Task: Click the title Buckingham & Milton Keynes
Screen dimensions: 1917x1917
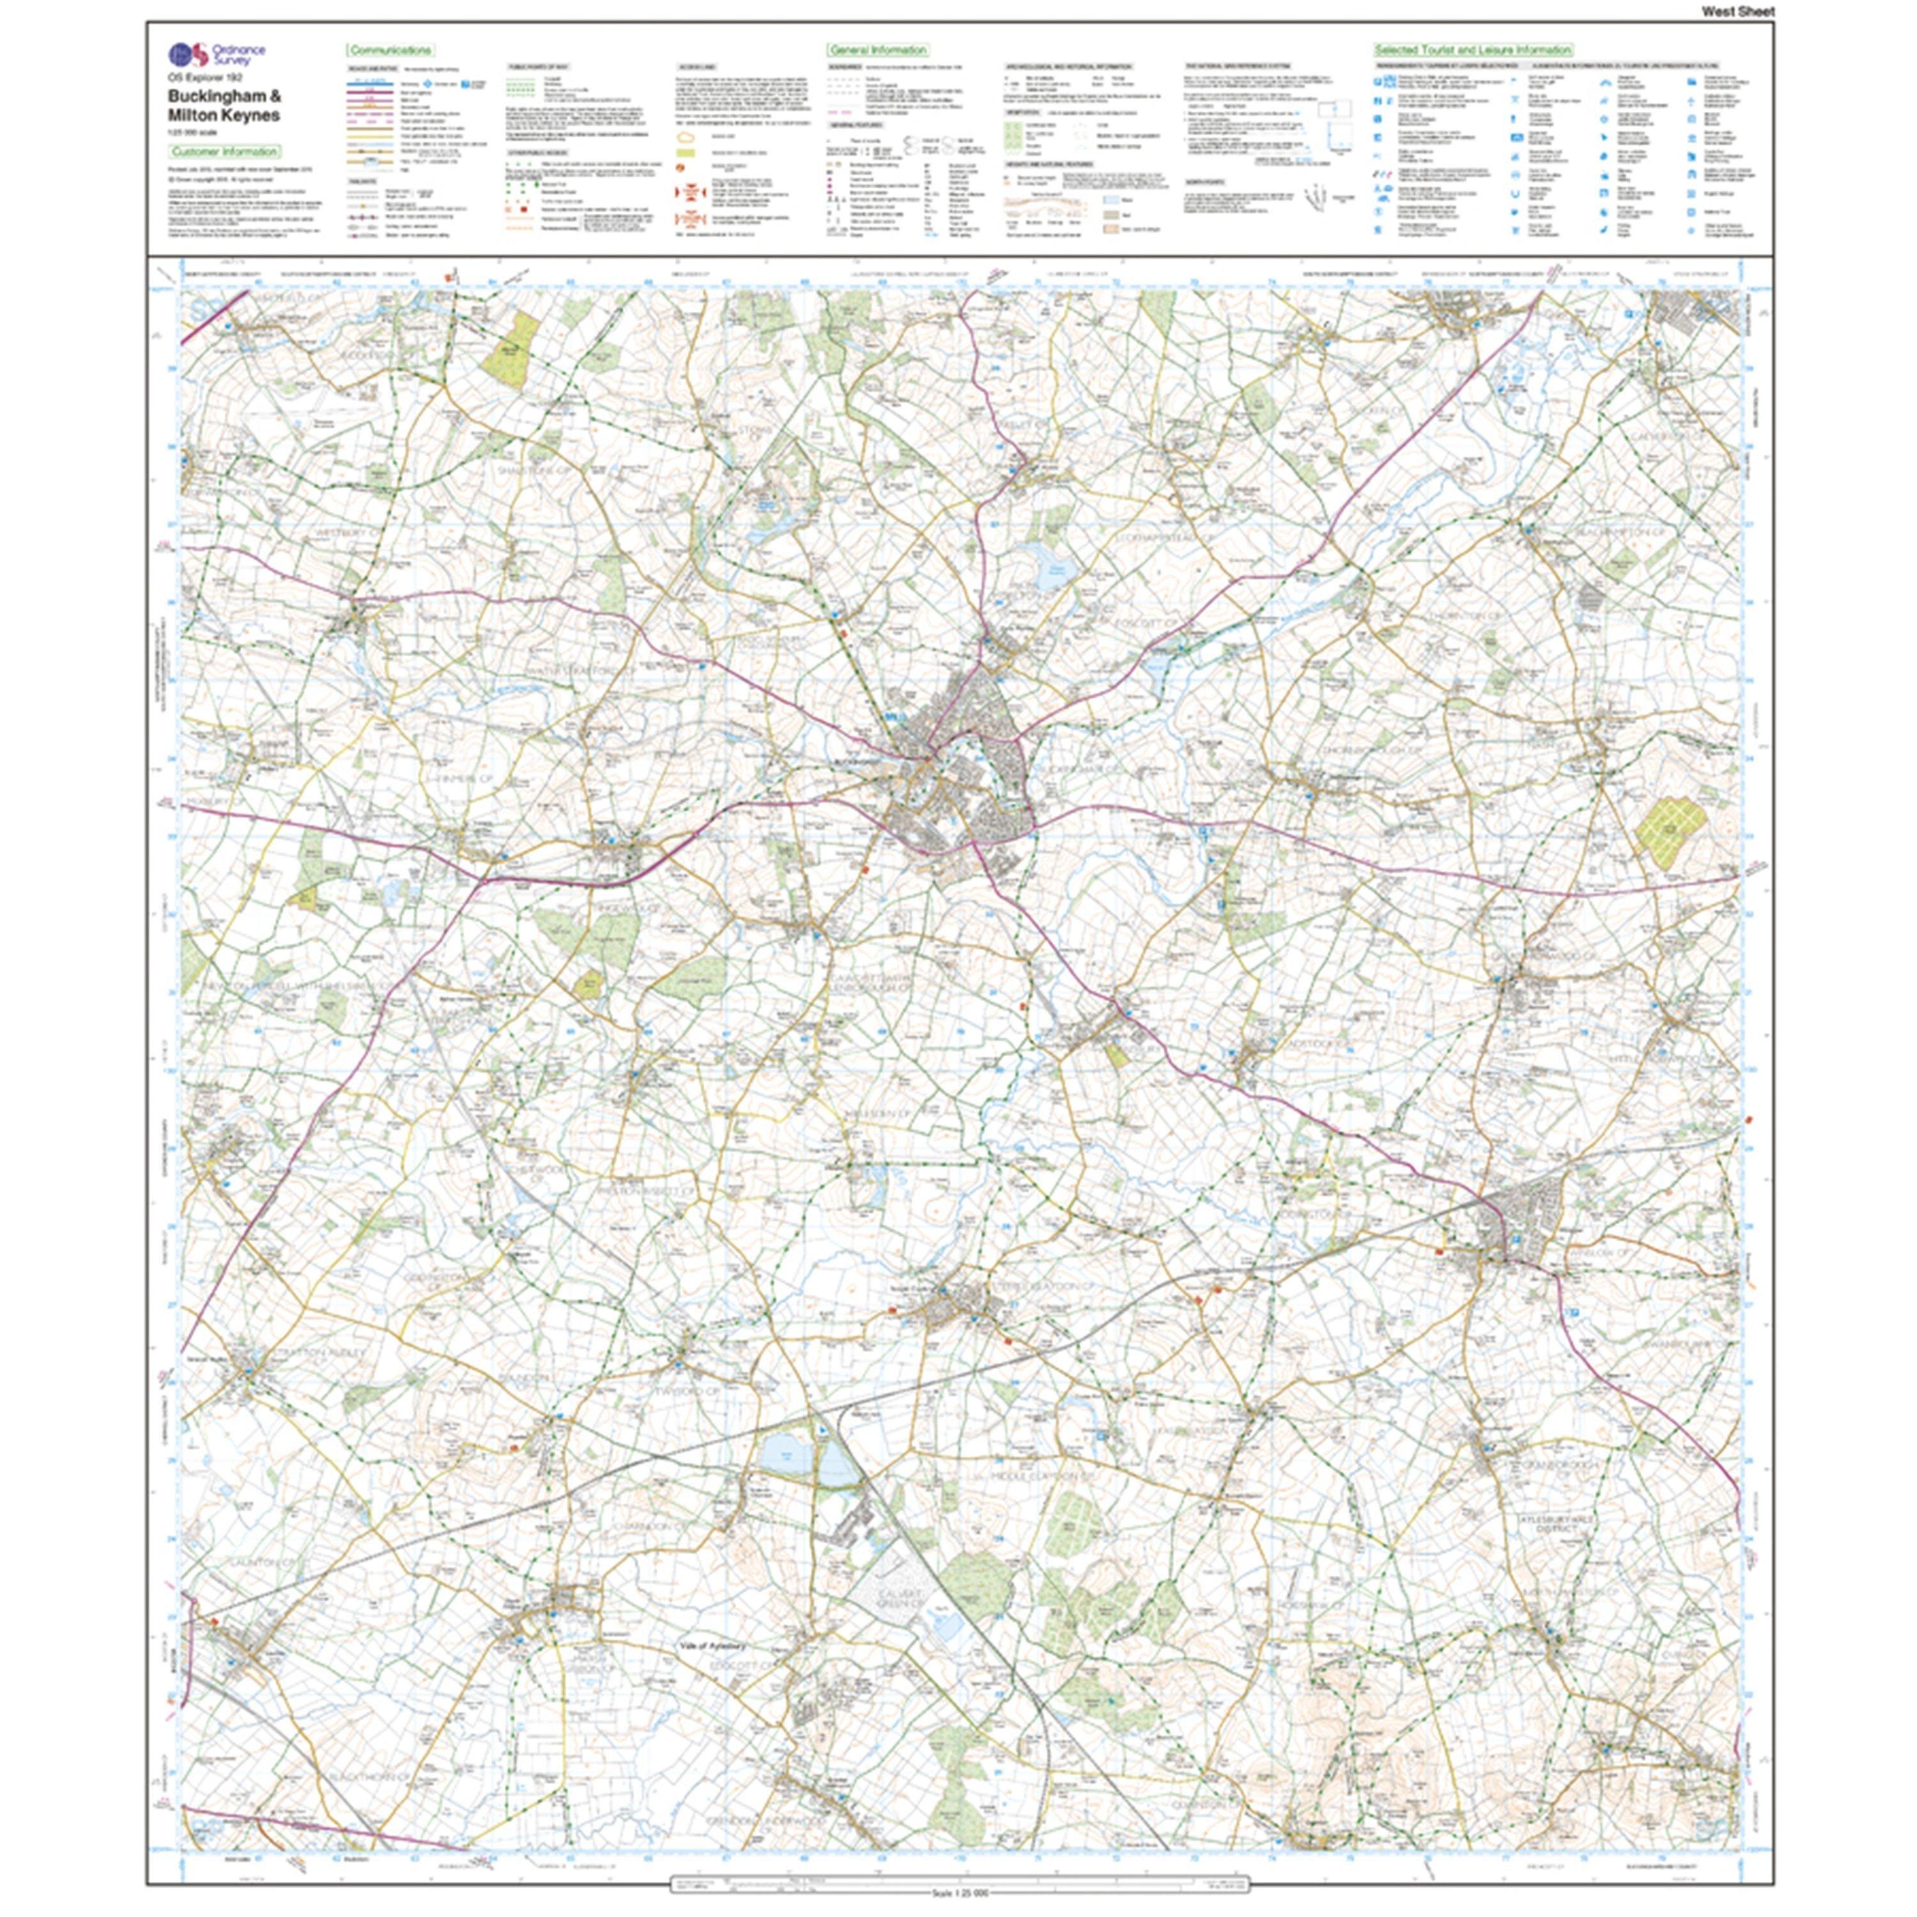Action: (x=224, y=106)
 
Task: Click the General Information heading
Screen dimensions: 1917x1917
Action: (x=877, y=50)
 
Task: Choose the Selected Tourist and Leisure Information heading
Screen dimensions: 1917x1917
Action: (x=1472, y=50)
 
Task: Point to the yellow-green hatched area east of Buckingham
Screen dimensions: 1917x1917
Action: (x=1669, y=831)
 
